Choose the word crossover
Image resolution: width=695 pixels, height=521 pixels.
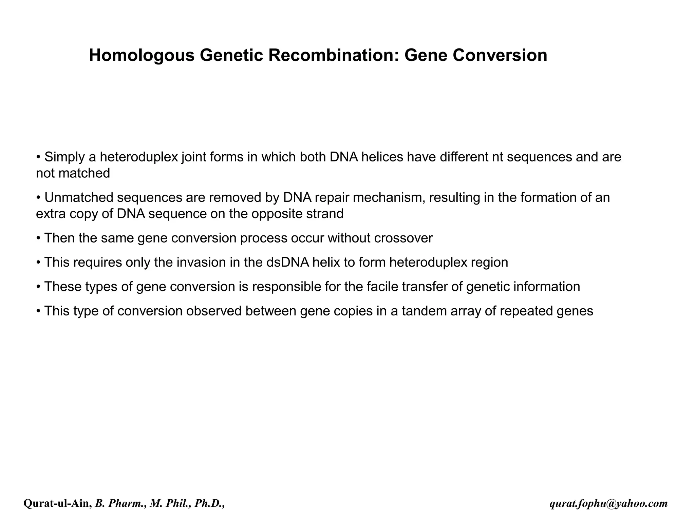403,238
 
